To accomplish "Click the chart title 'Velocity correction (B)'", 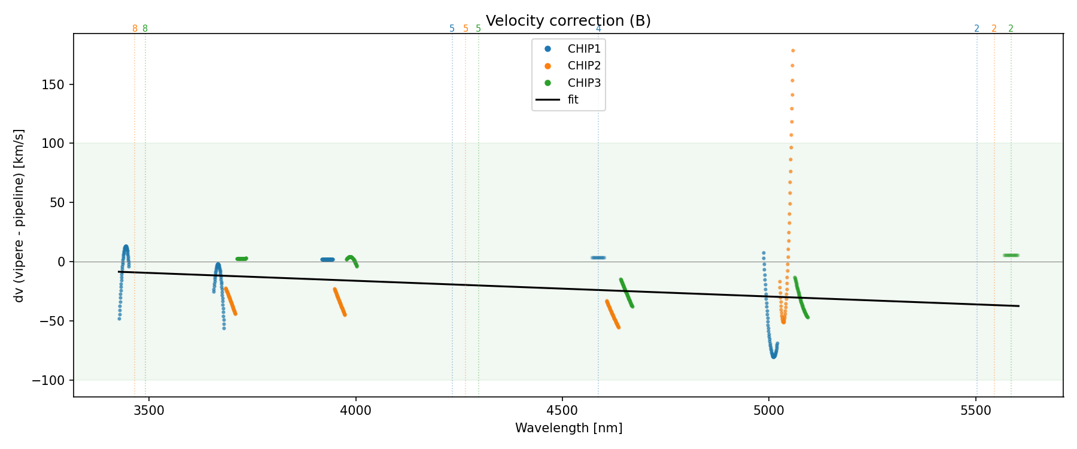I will [x=568, y=21].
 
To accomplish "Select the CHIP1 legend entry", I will [x=583, y=49].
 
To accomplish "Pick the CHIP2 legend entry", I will [x=583, y=66].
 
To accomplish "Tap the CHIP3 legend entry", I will [x=583, y=83].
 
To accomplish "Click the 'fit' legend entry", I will [x=573, y=100].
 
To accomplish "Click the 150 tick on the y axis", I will [x=55, y=85].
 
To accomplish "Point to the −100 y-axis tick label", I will [x=51, y=381].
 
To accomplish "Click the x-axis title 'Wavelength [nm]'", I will [x=568, y=429].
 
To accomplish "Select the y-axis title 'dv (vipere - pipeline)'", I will [x=19, y=216].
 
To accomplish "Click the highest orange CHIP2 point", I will [x=793, y=51].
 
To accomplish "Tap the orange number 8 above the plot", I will [x=135, y=29].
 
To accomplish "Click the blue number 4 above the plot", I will [x=598, y=29].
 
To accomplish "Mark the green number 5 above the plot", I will [x=478, y=29].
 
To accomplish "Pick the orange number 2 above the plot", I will [x=994, y=29].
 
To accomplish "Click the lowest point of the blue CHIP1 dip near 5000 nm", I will [x=774, y=356].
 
